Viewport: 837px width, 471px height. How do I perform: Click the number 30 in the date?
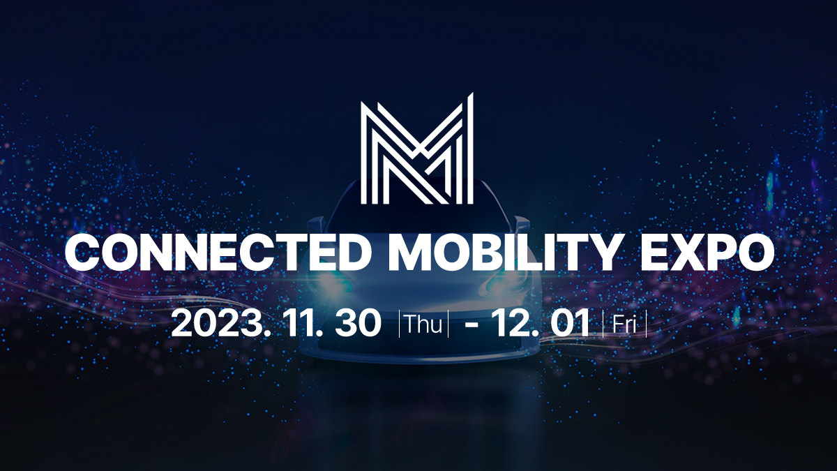(x=359, y=324)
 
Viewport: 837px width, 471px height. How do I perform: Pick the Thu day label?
(x=423, y=325)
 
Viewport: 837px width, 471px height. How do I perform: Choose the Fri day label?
(x=625, y=325)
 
